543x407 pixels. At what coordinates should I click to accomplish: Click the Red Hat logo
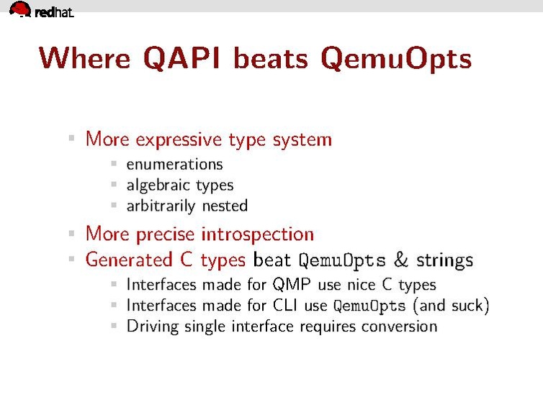[x=41, y=10]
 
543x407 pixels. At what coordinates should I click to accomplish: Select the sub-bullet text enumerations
[x=174, y=165]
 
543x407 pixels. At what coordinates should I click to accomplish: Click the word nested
[x=225, y=206]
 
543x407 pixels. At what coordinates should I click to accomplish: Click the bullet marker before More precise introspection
[x=71, y=234]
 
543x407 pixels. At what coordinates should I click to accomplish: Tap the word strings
[x=444, y=260]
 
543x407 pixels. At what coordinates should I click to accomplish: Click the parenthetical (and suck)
[x=451, y=306]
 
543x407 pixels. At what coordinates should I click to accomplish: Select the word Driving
[x=150, y=326]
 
